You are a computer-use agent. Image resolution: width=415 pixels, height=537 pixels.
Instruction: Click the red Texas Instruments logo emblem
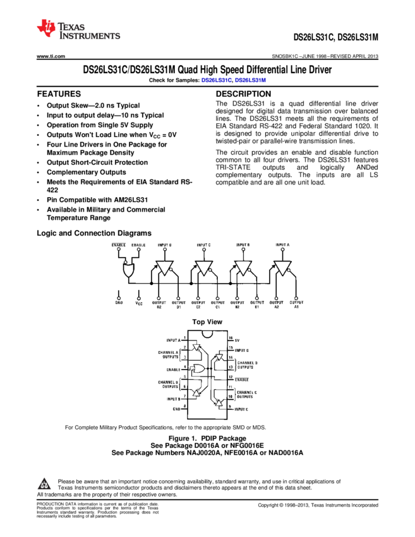tap(46, 27)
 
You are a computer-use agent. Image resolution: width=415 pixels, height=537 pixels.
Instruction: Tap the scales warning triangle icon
tap(44, 485)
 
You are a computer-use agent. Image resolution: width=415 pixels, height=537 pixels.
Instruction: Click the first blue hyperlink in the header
tap(217, 80)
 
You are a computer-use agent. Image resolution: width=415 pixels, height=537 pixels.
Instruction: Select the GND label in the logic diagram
tap(119, 303)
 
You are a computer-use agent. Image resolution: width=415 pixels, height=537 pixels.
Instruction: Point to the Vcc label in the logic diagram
tap(139, 303)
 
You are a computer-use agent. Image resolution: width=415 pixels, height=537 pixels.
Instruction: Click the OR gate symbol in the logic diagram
tap(129, 271)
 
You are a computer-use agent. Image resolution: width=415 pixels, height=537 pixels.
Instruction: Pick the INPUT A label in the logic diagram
tap(282, 244)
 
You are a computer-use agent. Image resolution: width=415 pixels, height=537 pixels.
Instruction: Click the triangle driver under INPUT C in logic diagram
tap(203, 267)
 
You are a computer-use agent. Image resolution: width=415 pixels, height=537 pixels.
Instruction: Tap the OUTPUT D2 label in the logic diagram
tap(159, 305)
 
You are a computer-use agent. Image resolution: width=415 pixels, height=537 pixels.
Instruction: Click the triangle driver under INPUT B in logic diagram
tap(243, 267)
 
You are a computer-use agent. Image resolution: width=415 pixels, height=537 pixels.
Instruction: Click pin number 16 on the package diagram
tap(231, 338)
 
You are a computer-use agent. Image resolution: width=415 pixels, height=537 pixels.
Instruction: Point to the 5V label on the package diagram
tap(238, 341)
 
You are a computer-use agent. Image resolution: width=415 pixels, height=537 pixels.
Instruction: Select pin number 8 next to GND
tap(184, 406)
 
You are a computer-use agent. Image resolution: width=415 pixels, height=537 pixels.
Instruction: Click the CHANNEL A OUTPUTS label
tap(169, 353)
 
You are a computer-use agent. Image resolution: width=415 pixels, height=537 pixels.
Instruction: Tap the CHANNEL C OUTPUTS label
tap(245, 394)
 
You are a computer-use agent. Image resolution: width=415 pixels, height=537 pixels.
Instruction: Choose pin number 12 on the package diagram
tap(231, 377)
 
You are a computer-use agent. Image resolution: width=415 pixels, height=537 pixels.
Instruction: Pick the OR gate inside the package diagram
tap(198, 368)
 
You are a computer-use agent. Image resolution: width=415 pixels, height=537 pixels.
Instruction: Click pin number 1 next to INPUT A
tap(184, 337)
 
